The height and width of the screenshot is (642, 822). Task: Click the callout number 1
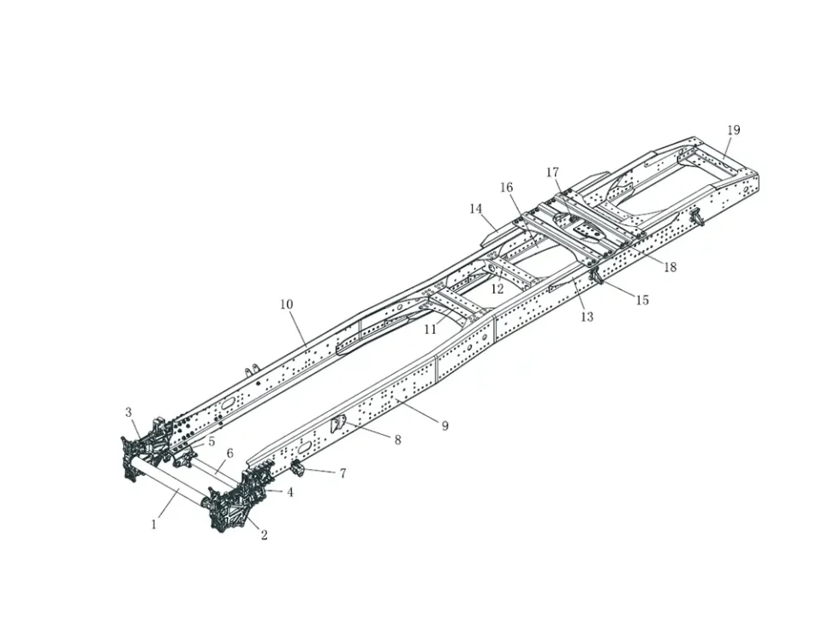pyautogui.click(x=154, y=524)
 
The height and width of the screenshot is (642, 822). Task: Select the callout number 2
pyautogui.click(x=264, y=536)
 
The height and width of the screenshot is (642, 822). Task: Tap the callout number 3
pyautogui.click(x=129, y=413)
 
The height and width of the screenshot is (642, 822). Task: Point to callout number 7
pyautogui.click(x=342, y=473)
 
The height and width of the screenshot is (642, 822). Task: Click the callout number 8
pyautogui.click(x=397, y=440)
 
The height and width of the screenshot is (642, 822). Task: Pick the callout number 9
pyautogui.click(x=444, y=425)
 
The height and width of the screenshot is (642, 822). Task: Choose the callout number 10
pyautogui.click(x=286, y=305)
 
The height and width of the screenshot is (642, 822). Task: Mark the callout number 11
pyautogui.click(x=430, y=330)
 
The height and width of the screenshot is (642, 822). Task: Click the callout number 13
pyautogui.click(x=587, y=317)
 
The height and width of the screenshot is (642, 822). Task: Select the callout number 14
pyautogui.click(x=476, y=209)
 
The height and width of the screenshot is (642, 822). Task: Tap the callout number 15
pyautogui.click(x=642, y=300)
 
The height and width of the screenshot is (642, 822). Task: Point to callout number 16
pyautogui.click(x=506, y=187)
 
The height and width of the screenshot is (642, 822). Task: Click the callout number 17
pyautogui.click(x=553, y=173)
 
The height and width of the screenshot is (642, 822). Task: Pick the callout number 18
pyautogui.click(x=670, y=267)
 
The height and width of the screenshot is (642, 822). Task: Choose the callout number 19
pyautogui.click(x=734, y=130)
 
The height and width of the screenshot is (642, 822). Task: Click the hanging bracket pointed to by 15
pyautogui.click(x=596, y=277)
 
